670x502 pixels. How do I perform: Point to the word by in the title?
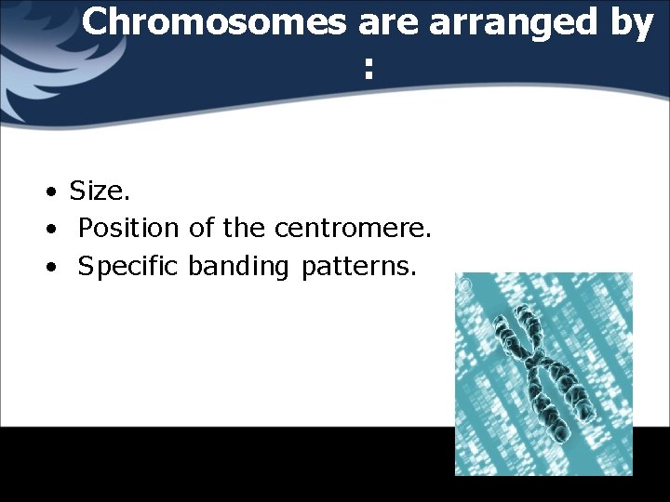click(x=632, y=24)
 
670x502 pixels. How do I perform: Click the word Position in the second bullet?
click(x=129, y=229)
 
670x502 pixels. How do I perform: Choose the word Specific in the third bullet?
click(x=129, y=267)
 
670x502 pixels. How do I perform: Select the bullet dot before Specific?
click(x=55, y=268)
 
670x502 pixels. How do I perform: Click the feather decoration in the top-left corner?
click(x=28, y=56)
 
